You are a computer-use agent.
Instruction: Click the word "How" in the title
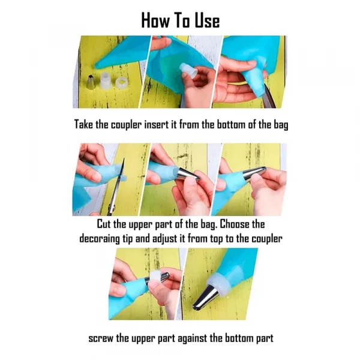point(155,20)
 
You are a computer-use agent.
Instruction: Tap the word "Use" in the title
point(208,20)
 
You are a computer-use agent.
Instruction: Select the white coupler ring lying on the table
point(121,83)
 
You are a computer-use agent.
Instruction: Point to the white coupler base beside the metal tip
point(106,81)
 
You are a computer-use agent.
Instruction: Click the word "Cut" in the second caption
point(104,224)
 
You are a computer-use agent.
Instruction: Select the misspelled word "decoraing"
point(100,239)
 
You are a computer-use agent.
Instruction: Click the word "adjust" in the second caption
point(164,239)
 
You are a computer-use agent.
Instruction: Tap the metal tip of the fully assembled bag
point(205,297)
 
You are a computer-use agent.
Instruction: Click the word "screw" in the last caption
point(101,338)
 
